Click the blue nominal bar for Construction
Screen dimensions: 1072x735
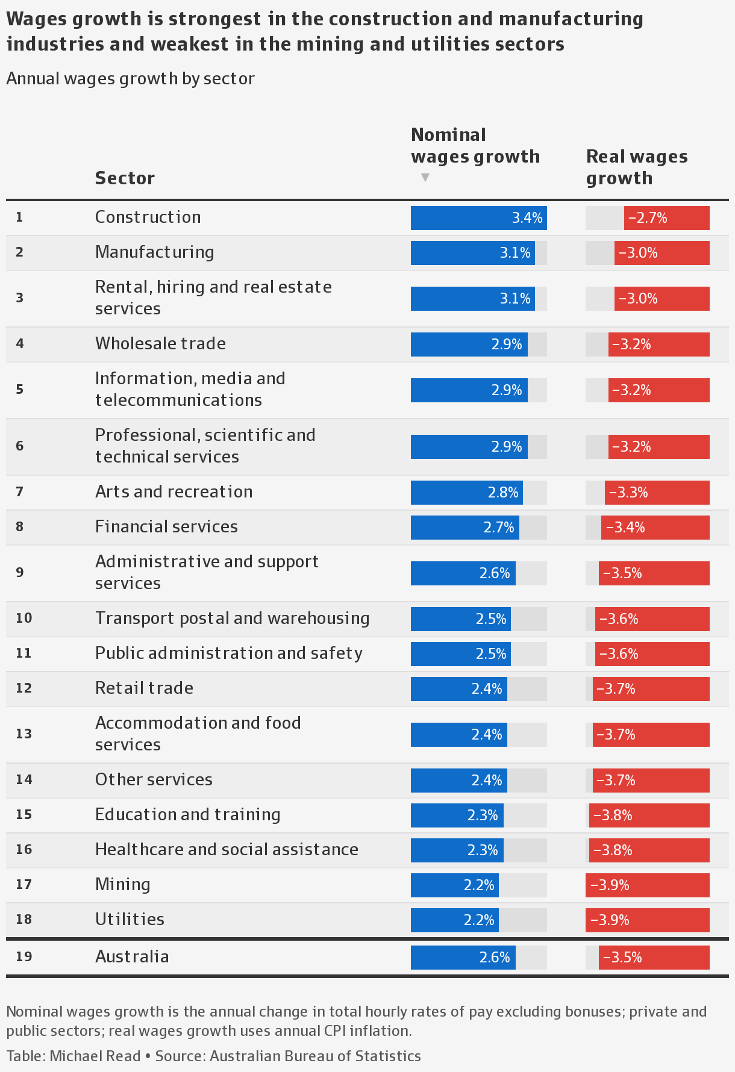coord(478,218)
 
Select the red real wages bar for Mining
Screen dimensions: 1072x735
coord(647,885)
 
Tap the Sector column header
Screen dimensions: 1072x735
coord(125,178)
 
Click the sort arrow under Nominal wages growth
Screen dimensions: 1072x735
coord(425,178)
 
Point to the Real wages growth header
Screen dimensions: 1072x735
coord(636,167)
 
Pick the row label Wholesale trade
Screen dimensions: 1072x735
coord(160,344)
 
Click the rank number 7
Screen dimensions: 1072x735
coord(20,492)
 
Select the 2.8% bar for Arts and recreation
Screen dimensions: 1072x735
coord(466,493)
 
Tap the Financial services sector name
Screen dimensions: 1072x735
coord(166,527)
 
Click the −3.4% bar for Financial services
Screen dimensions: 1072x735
coord(655,528)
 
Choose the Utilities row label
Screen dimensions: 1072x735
coord(130,920)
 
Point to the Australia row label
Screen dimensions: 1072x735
coord(132,957)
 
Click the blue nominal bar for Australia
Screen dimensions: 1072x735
coord(463,958)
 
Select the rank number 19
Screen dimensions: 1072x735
coord(23,957)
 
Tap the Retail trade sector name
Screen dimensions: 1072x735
coord(144,688)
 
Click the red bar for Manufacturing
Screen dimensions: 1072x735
coord(661,253)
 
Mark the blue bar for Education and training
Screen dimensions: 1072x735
coord(457,815)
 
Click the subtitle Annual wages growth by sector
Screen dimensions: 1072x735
coord(130,79)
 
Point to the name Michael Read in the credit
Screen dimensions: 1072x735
coord(95,1056)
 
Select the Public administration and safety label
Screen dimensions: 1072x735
coord(228,653)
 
